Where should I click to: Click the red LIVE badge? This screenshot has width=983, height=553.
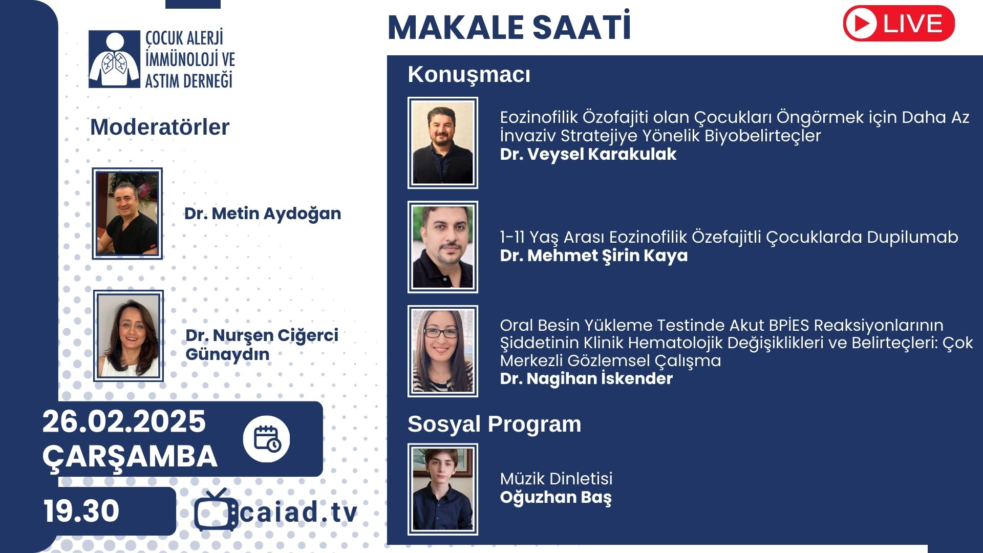pyautogui.click(x=899, y=24)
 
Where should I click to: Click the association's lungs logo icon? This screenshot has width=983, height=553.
pyautogui.click(x=114, y=59)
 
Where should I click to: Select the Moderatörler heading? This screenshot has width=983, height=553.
pyautogui.click(x=160, y=127)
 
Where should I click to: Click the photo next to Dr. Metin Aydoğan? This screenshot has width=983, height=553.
pyautogui.click(x=127, y=214)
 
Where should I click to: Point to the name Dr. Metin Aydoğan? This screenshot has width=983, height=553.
pyautogui.click(x=263, y=214)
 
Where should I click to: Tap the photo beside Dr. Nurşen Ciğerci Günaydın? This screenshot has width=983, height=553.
pyautogui.click(x=129, y=336)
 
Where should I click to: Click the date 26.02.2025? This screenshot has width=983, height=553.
pyautogui.click(x=124, y=421)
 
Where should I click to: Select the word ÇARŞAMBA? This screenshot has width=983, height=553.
pyautogui.click(x=130, y=457)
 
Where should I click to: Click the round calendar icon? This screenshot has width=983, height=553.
pyautogui.click(x=266, y=439)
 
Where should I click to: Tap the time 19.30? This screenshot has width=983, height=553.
pyautogui.click(x=81, y=511)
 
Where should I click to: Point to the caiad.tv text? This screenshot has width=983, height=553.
pyautogui.click(x=298, y=513)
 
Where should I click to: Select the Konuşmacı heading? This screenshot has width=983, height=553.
pyautogui.click(x=469, y=75)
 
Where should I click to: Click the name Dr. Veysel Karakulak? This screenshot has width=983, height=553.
pyautogui.click(x=588, y=154)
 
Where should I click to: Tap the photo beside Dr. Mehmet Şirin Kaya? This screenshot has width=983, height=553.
pyautogui.click(x=443, y=247)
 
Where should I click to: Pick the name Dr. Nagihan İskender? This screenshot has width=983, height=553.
pyautogui.click(x=586, y=378)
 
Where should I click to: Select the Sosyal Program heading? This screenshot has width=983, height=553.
pyautogui.click(x=495, y=424)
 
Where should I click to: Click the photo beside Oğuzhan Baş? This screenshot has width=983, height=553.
pyautogui.click(x=443, y=490)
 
